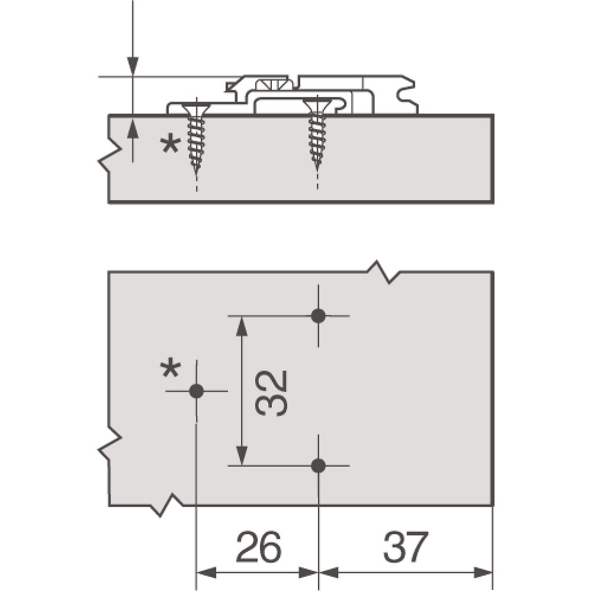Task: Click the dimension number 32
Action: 271,393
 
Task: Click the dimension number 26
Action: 259,547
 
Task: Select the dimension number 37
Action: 405,547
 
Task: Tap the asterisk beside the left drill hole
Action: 170,369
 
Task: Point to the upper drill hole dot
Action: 319,316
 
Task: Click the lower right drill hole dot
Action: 319,466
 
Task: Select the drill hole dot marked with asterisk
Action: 196,391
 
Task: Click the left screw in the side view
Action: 196,138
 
